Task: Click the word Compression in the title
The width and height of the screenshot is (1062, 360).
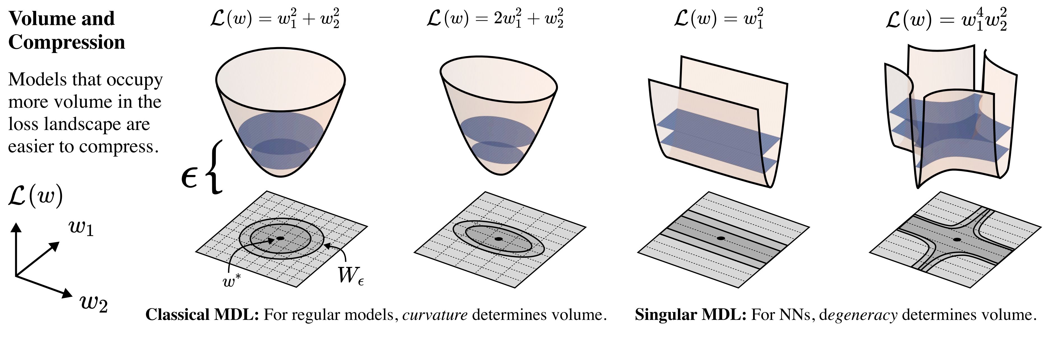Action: pos(66,42)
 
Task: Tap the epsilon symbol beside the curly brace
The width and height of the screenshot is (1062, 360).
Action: pos(190,178)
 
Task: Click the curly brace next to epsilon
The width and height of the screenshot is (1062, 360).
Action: pos(216,167)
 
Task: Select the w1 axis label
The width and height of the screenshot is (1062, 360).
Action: pos(82,228)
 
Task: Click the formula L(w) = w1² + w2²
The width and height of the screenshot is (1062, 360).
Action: pos(274,19)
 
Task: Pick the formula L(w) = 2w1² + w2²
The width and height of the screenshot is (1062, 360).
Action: pos(495,19)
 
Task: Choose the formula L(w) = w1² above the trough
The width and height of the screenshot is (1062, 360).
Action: pos(719,19)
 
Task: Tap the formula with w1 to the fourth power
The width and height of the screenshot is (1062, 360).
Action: pos(946,20)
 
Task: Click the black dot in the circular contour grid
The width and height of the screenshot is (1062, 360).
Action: pos(280,238)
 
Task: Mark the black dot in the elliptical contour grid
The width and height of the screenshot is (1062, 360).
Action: pos(498,239)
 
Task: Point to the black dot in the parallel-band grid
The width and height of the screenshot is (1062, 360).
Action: pos(721,238)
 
